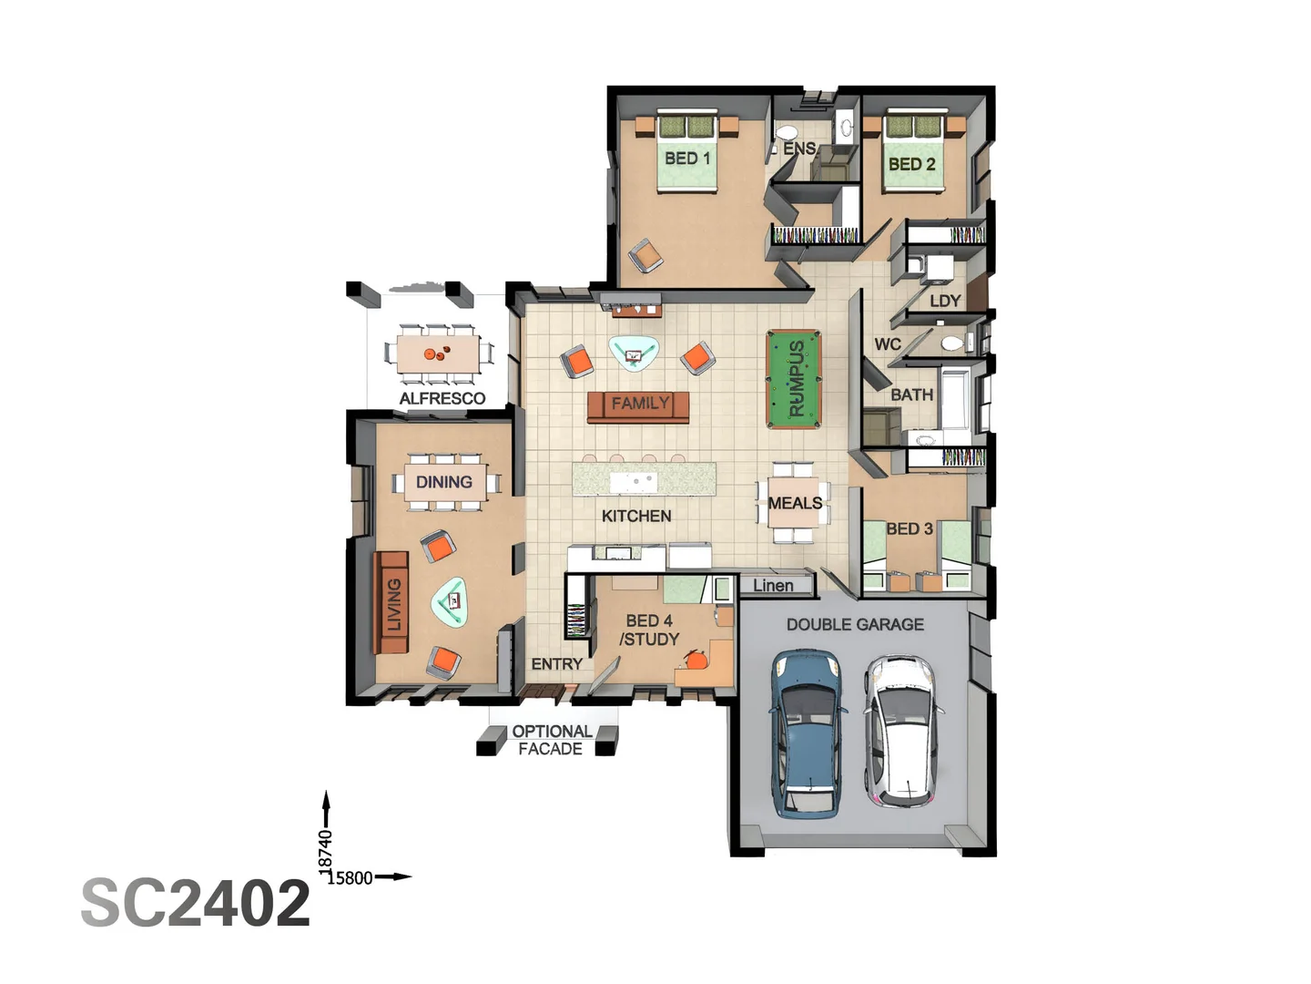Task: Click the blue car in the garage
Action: pos(808,733)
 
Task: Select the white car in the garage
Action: pos(902,732)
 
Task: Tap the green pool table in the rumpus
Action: pos(794,379)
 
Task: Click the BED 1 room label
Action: pos(687,159)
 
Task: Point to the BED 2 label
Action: pos(911,164)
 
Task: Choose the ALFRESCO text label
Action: pos(442,398)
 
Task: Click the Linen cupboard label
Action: pos(773,586)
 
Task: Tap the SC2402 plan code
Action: pos(196,903)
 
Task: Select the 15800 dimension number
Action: pos(350,877)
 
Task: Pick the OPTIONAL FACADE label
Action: pos(552,740)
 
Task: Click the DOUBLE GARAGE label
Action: pos(855,624)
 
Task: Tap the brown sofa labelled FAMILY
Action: pos(638,407)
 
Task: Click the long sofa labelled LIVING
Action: pos(391,602)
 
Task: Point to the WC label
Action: pos(888,344)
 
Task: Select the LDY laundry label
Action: pos(945,301)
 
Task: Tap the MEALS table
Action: pos(795,502)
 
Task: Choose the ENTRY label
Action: pos(556,664)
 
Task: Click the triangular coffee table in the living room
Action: pos(451,601)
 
